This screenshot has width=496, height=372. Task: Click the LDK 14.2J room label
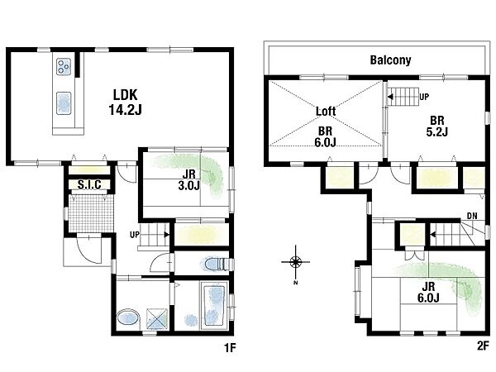click(x=126, y=103)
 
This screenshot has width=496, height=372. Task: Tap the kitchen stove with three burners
click(x=64, y=67)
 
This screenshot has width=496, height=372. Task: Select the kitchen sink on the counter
click(x=64, y=103)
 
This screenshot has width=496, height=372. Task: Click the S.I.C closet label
click(x=89, y=184)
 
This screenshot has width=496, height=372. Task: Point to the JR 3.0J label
click(x=189, y=179)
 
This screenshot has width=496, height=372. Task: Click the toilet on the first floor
click(x=217, y=265)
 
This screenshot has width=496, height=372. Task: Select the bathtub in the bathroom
click(x=214, y=306)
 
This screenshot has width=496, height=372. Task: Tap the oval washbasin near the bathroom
click(x=128, y=318)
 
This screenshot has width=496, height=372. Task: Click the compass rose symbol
click(x=295, y=262)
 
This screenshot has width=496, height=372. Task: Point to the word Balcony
click(x=391, y=60)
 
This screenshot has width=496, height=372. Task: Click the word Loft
click(x=326, y=112)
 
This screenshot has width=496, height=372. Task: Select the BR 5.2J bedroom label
click(x=436, y=126)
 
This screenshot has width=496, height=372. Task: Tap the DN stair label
click(x=472, y=216)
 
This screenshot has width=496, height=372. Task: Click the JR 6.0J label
click(x=428, y=293)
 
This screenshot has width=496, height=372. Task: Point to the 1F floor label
click(x=230, y=348)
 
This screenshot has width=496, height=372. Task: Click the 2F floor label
click(x=483, y=346)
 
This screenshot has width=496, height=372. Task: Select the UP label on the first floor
click(x=135, y=235)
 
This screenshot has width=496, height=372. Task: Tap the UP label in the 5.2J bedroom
click(x=424, y=97)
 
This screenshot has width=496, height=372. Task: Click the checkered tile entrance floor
click(x=91, y=213)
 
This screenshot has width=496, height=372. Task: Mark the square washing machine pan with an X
click(x=157, y=319)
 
